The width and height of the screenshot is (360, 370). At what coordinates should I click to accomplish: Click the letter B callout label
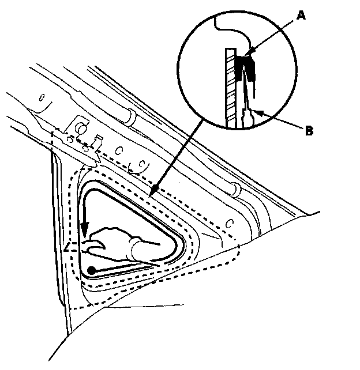point(309,131)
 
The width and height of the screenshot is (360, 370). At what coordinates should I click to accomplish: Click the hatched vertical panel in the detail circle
point(230,86)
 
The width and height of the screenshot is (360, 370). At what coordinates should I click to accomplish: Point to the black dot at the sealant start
point(92,269)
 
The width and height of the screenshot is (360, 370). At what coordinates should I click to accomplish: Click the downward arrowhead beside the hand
point(85,236)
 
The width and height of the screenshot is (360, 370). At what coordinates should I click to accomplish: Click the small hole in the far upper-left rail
point(41,97)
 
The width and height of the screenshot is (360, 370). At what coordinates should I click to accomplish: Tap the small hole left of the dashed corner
point(230,222)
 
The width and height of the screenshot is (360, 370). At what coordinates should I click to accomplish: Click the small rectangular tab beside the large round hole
point(99,140)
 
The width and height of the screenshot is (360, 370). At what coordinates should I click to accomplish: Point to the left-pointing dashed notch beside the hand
point(69,248)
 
